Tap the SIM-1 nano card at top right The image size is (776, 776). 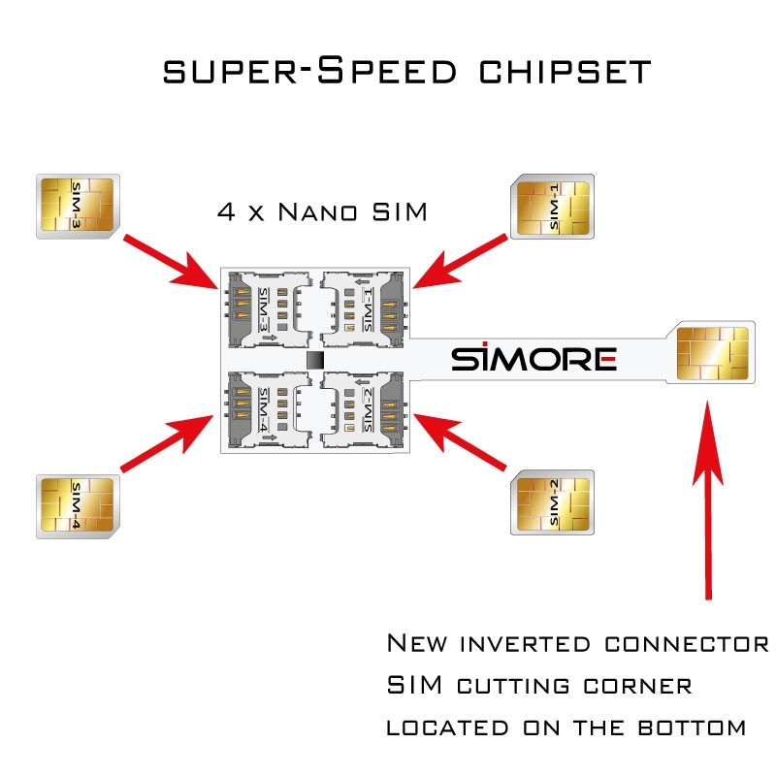click(x=552, y=206)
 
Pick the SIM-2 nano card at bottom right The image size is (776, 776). click(x=552, y=502)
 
